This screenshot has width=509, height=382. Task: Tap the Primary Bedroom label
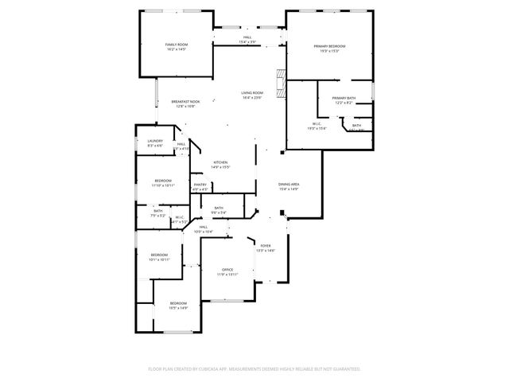point(328,49)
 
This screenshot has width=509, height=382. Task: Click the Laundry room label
point(155,143)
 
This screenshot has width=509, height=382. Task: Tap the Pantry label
point(200,186)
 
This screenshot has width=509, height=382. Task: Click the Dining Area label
point(288,186)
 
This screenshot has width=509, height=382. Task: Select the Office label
point(227,271)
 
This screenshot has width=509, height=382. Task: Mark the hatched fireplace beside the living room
point(279,82)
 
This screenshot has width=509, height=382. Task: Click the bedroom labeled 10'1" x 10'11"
point(159,257)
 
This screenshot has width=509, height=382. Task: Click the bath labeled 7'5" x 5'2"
point(157,212)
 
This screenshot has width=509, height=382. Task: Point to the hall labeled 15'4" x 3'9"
point(247,39)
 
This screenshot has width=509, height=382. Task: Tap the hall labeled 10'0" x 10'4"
point(204,229)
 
